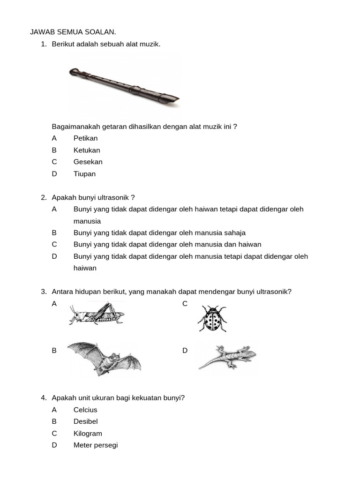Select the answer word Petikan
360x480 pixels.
tap(85, 138)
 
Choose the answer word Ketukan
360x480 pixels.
tap(87, 150)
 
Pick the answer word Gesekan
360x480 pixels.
tap(88, 162)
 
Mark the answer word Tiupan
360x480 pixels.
tap(84, 174)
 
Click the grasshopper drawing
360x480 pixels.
tap(97, 314)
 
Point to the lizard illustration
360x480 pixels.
tap(227, 357)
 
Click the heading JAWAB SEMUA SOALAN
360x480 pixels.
tap(73, 32)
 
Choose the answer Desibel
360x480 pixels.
tap(85, 421)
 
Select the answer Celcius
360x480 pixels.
tap(85, 410)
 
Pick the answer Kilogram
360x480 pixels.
tap(88, 434)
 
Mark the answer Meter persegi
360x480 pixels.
tap(96, 445)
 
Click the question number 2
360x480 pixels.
tap(44, 197)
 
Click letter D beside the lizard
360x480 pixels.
tap(185, 350)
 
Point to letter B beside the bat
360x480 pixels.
tap(54, 350)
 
